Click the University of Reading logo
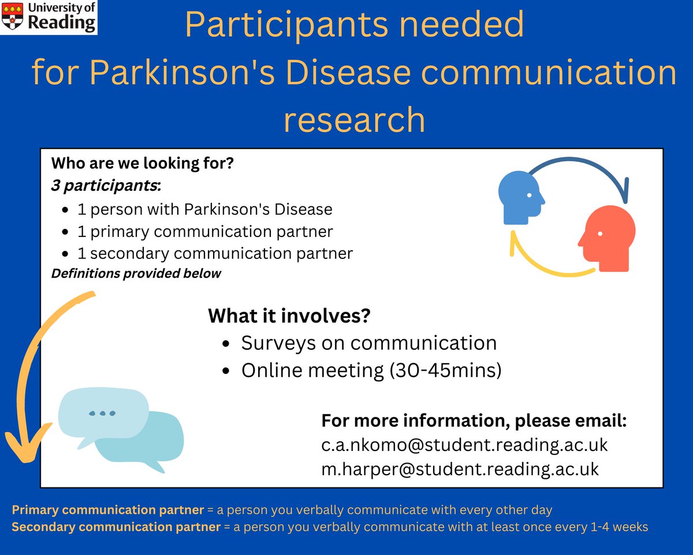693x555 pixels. pos(49,17)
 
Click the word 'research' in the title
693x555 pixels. pos(354,120)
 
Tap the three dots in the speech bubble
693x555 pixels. pos(102,413)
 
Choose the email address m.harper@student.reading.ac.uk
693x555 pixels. pos(460,469)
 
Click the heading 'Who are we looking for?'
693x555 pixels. pos(142,164)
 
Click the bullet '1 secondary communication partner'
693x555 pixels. pos(215,253)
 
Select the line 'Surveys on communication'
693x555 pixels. pos(368,343)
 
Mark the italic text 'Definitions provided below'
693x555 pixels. pos(136,273)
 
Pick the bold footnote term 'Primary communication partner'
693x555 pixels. pos(107,510)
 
